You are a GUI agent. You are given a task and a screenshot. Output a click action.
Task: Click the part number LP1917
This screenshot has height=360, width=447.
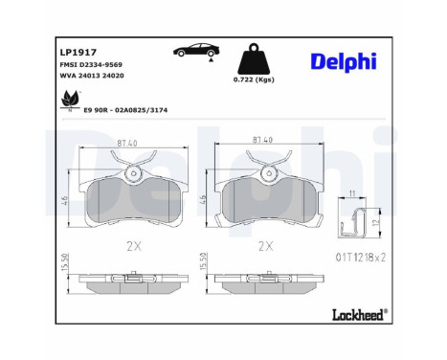pos(78,52)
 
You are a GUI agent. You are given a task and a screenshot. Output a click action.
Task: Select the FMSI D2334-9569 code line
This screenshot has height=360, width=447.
pos(91,65)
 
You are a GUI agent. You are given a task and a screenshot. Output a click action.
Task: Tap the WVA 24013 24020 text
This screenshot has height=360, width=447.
pos(92,76)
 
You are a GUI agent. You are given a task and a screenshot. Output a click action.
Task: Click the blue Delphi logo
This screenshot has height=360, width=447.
pos(344,61)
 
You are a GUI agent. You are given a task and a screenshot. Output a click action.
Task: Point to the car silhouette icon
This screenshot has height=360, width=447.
pos(196,50)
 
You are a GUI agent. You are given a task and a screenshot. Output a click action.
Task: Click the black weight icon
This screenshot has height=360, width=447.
pos(254,58)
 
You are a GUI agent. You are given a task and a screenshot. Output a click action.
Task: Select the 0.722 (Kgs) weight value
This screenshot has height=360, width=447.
pos(254,79)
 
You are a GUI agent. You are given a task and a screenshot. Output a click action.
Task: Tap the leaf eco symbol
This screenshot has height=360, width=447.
pos(70,99)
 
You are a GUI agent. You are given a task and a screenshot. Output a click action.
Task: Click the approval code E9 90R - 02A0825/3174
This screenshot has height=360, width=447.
pos(125,110)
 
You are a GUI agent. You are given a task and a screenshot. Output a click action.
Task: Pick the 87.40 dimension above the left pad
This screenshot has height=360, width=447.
pos(127,144)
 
